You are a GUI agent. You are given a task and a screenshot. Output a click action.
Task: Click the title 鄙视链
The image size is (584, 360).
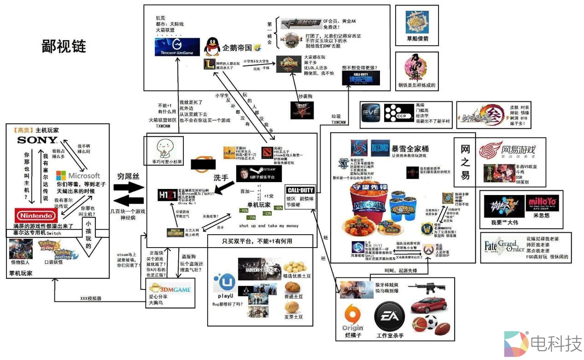(x=64, y=47)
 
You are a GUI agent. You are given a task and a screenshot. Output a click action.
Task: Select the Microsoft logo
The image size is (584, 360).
(x=78, y=176)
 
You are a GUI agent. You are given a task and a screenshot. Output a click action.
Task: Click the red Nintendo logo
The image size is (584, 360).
(x=35, y=215)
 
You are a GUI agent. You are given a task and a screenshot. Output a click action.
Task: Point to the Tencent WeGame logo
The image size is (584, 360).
(x=177, y=47)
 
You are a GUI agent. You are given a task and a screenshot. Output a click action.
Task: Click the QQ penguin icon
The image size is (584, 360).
(x=212, y=46)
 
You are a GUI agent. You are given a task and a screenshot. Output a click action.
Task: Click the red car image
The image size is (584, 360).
(x=429, y=305)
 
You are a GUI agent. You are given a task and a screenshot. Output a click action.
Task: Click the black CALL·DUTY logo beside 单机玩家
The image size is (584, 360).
(x=300, y=190)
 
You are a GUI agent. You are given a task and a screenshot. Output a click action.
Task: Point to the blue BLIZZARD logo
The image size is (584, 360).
(x=380, y=148)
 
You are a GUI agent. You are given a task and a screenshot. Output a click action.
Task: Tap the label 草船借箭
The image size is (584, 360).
(x=417, y=39)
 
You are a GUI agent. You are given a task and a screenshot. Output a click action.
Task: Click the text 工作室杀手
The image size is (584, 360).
(x=390, y=336)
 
